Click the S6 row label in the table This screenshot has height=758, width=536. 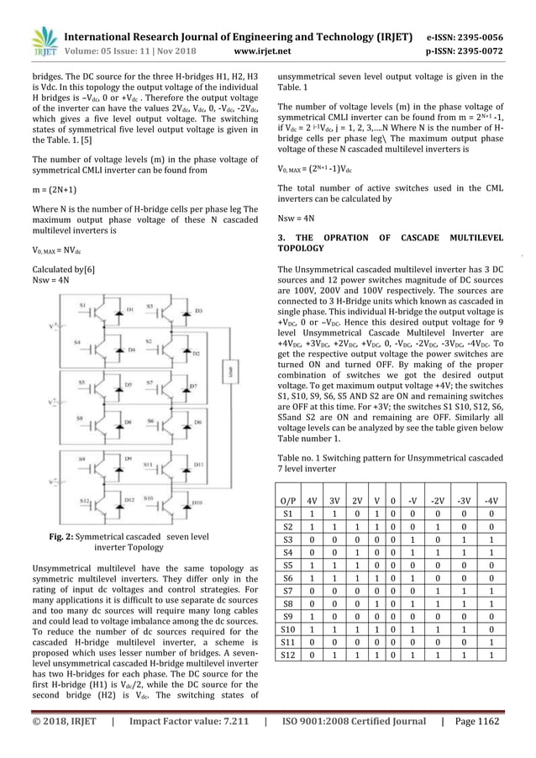click(x=290, y=580)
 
